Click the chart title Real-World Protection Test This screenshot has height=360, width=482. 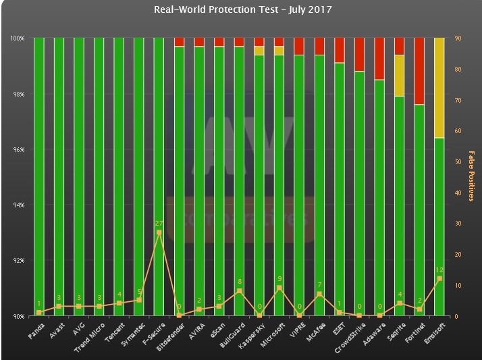click(242, 9)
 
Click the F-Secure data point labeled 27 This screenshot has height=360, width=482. click(159, 232)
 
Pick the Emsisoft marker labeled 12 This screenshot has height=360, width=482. click(439, 278)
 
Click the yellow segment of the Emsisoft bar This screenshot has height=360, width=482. click(439, 88)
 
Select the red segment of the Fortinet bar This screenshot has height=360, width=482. click(419, 71)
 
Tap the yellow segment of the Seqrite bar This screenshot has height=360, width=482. click(400, 76)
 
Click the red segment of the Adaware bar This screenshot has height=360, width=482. click(379, 59)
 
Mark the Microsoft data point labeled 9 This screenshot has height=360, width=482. click(279, 288)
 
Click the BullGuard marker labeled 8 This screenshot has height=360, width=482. click(239, 291)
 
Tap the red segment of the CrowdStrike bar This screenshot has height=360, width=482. click(359, 54)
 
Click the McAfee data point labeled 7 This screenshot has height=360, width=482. click(319, 294)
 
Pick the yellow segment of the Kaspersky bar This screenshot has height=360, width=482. click(259, 51)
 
